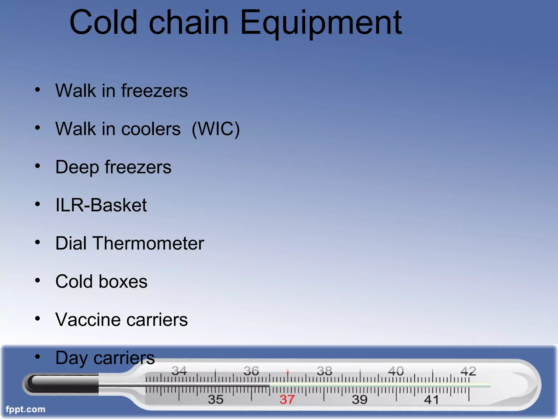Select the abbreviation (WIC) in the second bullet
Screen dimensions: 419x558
click(216, 129)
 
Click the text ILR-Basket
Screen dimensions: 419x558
click(101, 205)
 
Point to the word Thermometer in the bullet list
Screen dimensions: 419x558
click(148, 243)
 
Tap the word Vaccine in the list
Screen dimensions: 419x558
click(88, 320)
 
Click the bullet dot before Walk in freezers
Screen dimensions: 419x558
click(38, 89)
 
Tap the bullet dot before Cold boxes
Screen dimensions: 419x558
click(38, 280)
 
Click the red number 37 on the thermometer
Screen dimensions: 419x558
click(287, 400)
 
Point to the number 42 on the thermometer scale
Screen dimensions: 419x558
click(468, 371)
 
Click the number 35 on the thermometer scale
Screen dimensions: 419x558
click(216, 400)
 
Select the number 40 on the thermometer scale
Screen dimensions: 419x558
click(396, 371)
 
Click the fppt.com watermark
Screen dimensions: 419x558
click(25, 409)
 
